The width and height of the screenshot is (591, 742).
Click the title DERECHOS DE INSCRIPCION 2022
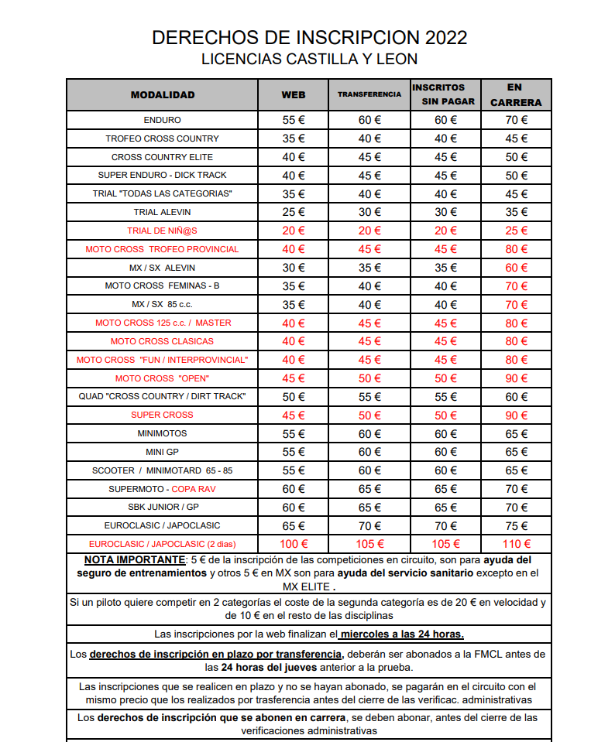(309, 38)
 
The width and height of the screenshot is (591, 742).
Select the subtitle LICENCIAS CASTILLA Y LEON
(309, 59)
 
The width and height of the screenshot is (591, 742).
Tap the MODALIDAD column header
(163, 95)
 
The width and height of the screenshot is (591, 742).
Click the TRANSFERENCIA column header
(369, 94)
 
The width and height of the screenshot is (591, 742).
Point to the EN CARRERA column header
(516, 94)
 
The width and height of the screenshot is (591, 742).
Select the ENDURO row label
(163, 120)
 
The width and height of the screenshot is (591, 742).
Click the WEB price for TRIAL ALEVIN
(294, 212)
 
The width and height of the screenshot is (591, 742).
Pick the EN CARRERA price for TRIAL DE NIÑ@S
(516, 231)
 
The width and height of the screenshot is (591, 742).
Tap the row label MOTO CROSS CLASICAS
(163, 341)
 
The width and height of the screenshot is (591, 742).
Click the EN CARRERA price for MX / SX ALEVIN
(516, 268)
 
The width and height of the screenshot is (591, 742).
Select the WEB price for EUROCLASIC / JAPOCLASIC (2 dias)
(294, 544)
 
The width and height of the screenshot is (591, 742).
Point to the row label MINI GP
(163, 452)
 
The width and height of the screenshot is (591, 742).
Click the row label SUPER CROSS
(163, 415)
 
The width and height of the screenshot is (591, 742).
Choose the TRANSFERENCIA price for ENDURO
(369, 120)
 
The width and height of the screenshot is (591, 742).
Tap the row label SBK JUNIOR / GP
(163, 507)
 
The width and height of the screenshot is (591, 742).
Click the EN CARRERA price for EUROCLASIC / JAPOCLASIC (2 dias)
(516, 544)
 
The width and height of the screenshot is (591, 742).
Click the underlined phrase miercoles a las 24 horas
(402, 634)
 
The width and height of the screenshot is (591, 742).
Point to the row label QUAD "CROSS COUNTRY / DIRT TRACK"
(163, 396)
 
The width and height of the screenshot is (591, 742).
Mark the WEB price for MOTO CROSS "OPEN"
(294, 378)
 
